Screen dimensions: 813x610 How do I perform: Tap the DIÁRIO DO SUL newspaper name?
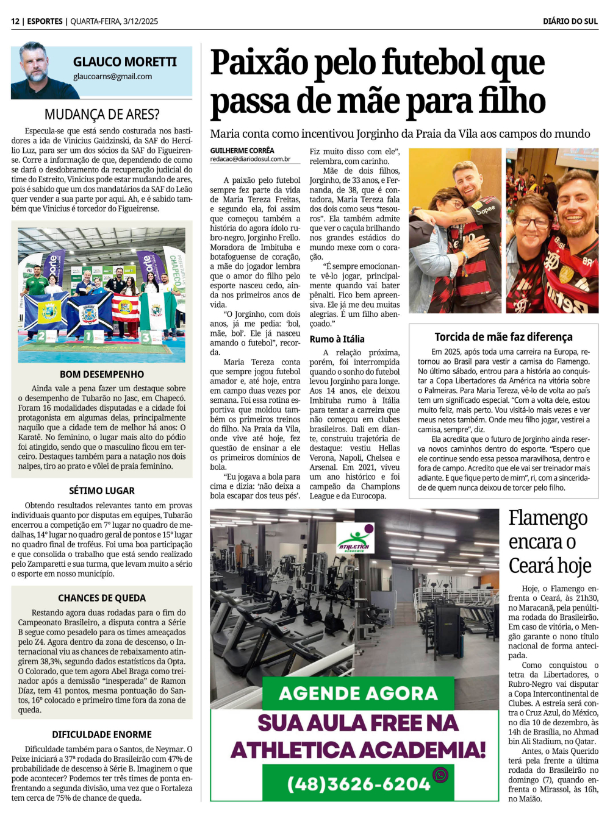(x=570, y=21)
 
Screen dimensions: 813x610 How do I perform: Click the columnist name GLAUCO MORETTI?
(x=124, y=62)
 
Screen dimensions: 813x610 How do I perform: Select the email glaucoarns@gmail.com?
(x=112, y=77)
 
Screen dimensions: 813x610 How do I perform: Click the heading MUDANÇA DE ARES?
(x=102, y=115)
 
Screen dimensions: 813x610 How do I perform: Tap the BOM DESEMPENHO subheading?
(x=102, y=374)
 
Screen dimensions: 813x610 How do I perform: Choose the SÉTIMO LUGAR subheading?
(x=102, y=491)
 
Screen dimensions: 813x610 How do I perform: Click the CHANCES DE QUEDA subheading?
(x=102, y=598)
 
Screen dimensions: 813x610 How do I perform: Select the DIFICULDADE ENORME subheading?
(x=102, y=734)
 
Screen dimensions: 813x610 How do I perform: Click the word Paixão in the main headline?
(x=259, y=63)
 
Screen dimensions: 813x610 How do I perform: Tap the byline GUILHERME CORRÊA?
(x=242, y=151)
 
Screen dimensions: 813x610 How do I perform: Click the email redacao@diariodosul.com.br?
(x=250, y=159)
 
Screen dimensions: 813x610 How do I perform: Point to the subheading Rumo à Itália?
(x=337, y=339)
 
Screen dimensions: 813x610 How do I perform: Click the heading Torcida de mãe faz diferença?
(x=503, y=337)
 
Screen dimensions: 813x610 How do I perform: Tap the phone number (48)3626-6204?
(x=359, y=784)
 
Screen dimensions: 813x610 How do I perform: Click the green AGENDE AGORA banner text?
(x=358, y=694)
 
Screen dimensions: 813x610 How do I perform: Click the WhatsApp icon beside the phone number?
(x=440, y=775)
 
